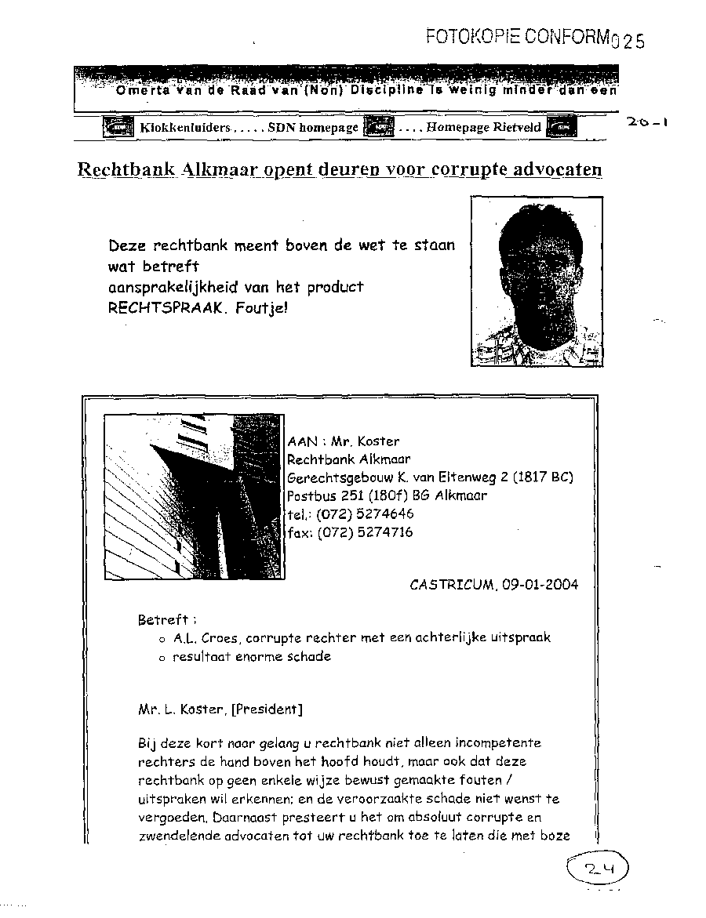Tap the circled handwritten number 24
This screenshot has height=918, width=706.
[595, 869]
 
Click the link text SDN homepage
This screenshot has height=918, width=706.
[312, 127]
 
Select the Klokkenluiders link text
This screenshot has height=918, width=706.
[185, 127]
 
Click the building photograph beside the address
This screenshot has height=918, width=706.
[194, 496]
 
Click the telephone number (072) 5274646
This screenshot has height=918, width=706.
[365, 514]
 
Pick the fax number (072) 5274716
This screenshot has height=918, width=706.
[365, 532]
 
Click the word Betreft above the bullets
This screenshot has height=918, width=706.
[162, 619]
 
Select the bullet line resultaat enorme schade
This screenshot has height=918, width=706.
[252, 657]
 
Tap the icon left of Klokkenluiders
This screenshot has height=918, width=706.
[119, 127]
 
